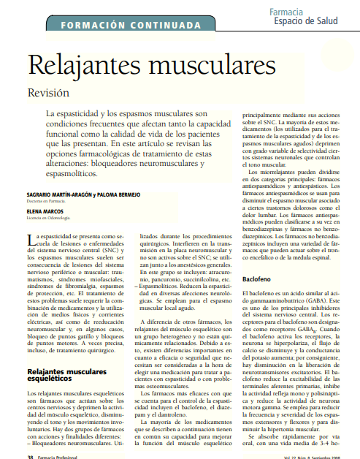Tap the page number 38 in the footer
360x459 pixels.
tap(30, 455)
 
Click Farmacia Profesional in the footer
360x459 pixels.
tap(58, 455)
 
